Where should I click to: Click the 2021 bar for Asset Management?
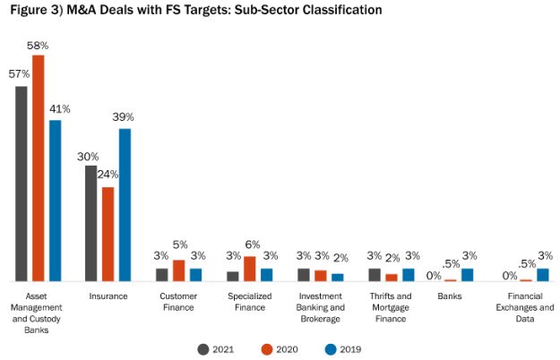coord(22,184)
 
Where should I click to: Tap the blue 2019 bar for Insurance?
coord(125,205)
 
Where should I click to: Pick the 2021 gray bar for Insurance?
coord(90,223)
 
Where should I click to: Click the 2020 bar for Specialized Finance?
coord(249,269)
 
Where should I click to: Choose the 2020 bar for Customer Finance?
coord(178,270)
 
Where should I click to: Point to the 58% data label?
coord(39,46)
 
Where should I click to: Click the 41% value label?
coord(60,109)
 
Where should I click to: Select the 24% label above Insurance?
coord(108,175)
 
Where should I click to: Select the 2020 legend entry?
coord(280,349)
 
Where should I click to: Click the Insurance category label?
coord(108,296)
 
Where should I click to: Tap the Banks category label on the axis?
coord(450,296)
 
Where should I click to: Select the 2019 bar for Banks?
coord(467,275)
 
